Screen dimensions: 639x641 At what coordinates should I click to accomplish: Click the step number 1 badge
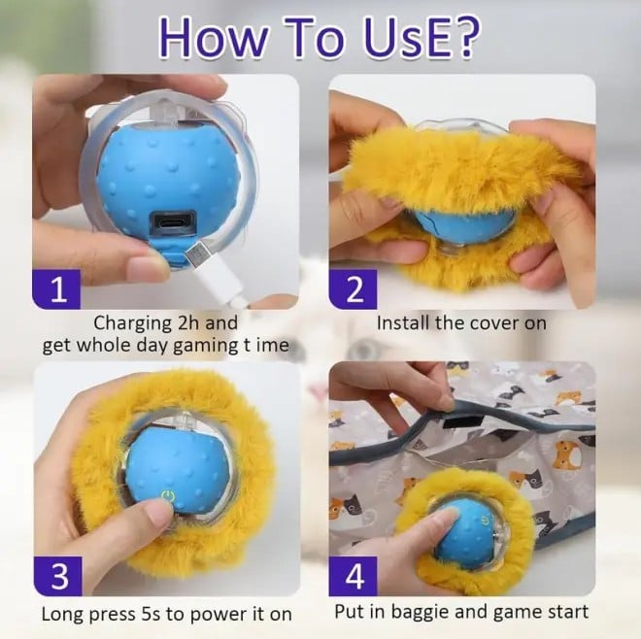(x=58, y=289)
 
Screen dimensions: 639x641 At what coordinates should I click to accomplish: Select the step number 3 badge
(x=58, y=577)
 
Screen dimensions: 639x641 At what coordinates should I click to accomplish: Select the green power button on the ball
(x=168, y=494)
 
